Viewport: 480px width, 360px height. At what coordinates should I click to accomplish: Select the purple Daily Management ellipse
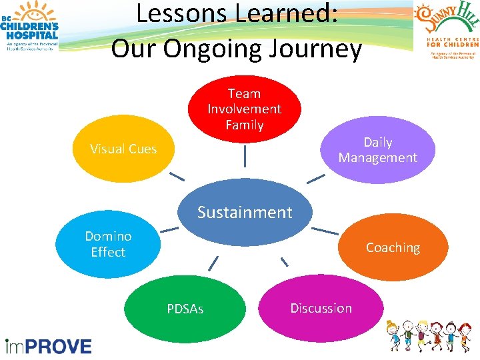[x=377, y=150]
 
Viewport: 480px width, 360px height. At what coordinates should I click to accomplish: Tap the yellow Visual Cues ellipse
[x=124, y=149]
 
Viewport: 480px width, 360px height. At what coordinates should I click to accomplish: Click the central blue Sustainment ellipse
[x=245, y=213]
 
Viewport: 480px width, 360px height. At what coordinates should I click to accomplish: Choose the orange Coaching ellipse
[x=393, y=247]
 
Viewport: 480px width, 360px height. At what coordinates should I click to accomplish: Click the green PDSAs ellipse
[x=185, y=309]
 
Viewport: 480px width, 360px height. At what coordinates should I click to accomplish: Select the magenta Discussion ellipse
[x=321, y=308]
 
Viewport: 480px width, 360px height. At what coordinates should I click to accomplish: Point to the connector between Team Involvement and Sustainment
[x=245, y=156]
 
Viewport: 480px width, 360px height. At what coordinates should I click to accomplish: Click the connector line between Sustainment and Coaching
[x=325, y=231]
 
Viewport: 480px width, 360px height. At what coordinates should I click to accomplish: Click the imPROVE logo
[x=48, y=346]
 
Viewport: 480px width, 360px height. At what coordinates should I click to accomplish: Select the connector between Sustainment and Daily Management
[x=315, y=179]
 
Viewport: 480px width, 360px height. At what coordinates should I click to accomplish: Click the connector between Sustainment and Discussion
[x=284, y=261]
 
